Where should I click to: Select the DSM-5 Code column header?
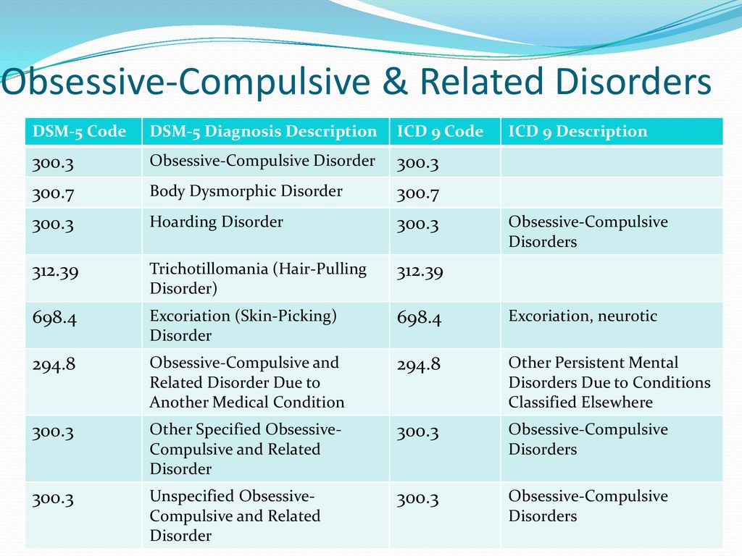tap(79, 131)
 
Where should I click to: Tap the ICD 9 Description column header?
tap(578, 131)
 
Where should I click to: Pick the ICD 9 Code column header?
tap(440, 131)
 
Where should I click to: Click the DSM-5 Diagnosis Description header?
tap(263, 131)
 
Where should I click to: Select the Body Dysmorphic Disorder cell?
tap(246, 191)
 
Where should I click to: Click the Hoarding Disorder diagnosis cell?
tap(216, 222)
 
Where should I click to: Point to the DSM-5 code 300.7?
tap(53, 193)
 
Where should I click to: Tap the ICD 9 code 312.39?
tap(420, 272)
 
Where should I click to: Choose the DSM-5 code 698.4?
tap(54, 318)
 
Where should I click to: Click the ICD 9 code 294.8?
tap(419, 365)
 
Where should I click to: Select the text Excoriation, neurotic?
tap(583, 316)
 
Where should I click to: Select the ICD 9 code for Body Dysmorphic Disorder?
tap(418, 193)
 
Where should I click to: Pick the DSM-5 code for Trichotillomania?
tap(55, 272)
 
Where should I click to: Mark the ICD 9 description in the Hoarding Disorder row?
tap(588, 232)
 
